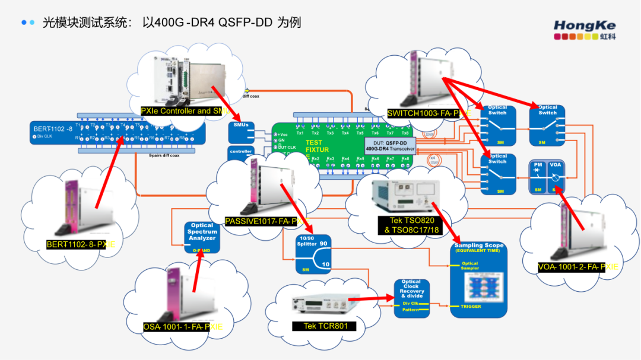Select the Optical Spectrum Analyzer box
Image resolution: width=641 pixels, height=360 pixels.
pos(202,237)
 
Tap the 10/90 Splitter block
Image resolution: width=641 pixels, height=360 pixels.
pos(313,254)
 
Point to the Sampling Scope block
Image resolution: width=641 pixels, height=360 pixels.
pos(479,279)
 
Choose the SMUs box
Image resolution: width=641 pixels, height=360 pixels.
pos(241,132)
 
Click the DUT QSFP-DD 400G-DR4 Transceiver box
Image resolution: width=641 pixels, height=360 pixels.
pos(389,146)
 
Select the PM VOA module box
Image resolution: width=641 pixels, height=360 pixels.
pos(547,177)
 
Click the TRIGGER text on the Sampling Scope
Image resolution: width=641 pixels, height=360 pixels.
pos(471,307)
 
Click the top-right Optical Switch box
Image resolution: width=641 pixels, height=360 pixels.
pos(547,125)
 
